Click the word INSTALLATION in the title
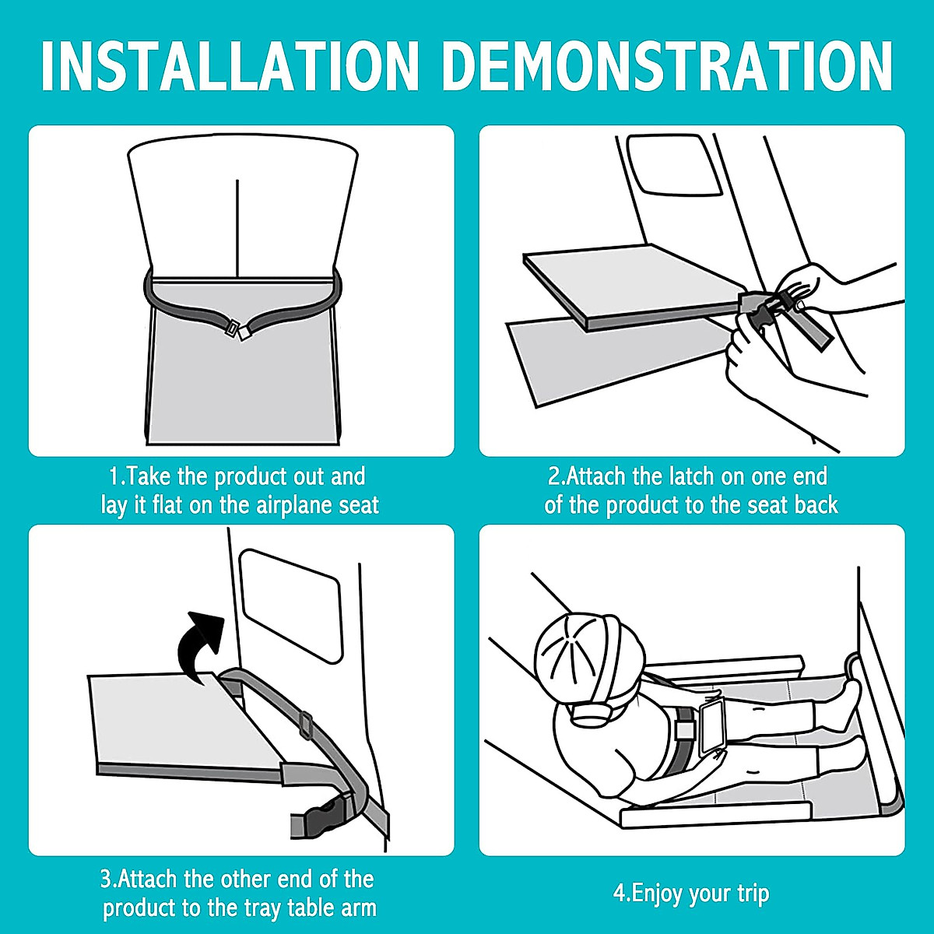230,66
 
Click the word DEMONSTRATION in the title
667,66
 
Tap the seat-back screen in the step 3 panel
291,606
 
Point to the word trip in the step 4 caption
753,894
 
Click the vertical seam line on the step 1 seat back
237,228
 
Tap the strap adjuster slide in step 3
306,725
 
